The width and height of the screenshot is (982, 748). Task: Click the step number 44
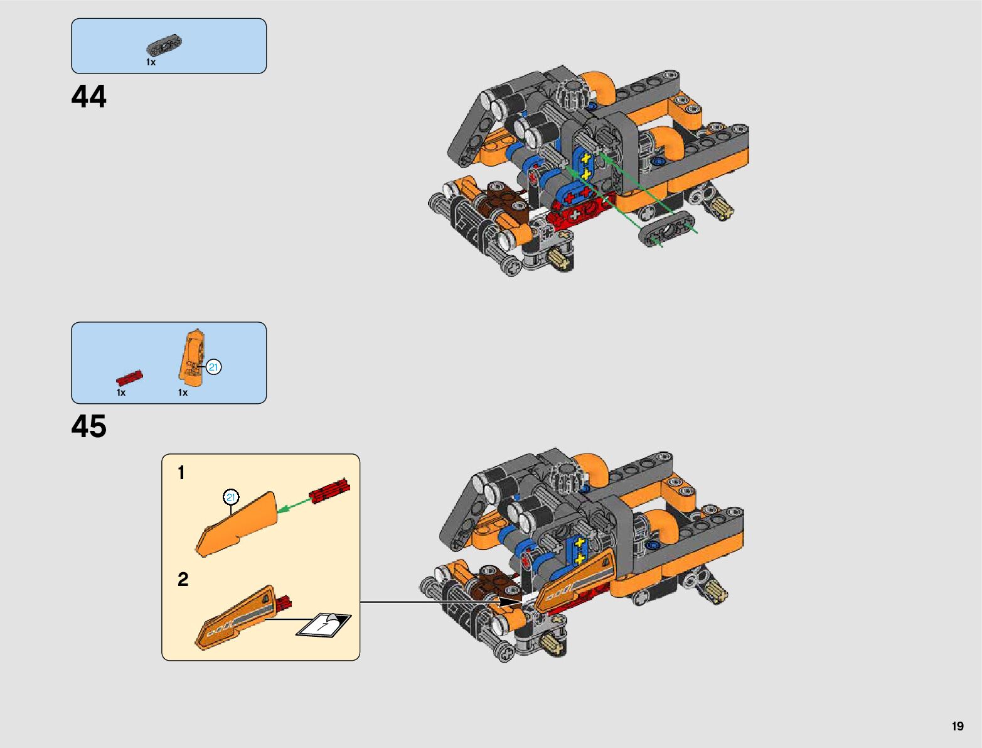(x=89, y=97)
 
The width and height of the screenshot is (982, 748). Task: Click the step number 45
(x=89, y=426)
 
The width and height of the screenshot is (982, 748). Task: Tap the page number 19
(x=957, y=727)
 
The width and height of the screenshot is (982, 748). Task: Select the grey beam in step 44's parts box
(x=164, y=46)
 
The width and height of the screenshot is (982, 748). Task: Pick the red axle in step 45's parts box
(x=129, y=377)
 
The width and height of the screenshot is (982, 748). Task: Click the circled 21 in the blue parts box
(x=214, y=367)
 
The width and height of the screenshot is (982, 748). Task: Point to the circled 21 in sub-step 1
(x=231, y=497)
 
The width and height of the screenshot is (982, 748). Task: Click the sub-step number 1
(x=181, y=473)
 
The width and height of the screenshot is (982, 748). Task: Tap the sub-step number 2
(x=183, y=579)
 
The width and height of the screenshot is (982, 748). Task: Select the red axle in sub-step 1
(x=329, y=491)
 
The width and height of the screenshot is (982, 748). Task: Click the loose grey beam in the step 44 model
(x=667, y=229)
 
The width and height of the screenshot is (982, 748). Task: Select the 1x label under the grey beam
(x=151, y=62)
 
